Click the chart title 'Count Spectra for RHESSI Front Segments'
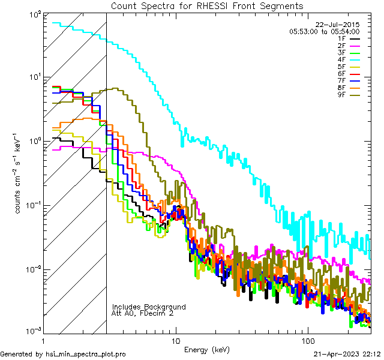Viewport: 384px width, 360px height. (x=207, y=5)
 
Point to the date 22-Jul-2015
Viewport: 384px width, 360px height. (x=341, y=25)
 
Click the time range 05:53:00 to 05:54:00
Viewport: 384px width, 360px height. (x=324, y=31)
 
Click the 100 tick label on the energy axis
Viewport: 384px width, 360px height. (x=308, y=340)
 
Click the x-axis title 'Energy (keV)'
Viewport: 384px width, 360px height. (x=207, y=349)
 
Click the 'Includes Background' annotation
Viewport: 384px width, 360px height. (x=149, y=307)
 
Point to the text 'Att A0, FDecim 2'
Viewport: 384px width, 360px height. (x=143, y=313)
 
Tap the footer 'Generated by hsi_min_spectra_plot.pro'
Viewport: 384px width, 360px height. (x=63, y=354)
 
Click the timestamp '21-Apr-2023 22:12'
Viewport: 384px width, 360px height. (x=347, y=354)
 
